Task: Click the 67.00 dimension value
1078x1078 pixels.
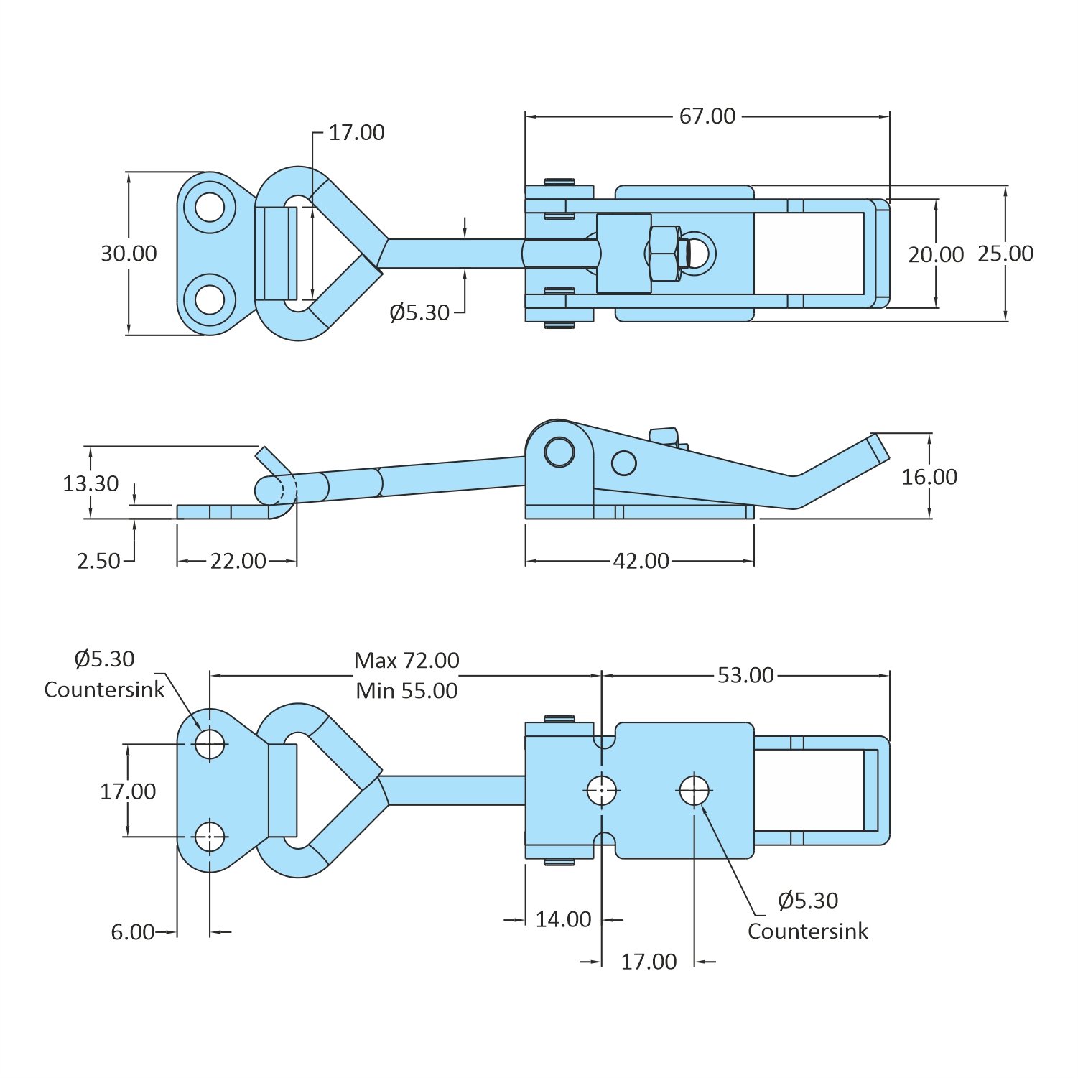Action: pyautogui.click(x=707, y=116)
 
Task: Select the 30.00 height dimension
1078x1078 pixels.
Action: pyautogui.click(x=129, y=254)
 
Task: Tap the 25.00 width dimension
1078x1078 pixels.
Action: pyautogui.click(x=1005, y=254)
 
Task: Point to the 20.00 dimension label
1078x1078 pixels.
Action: pyautogui.click(x=936, y=255)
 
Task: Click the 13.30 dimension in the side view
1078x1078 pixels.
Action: pyautogui.click(x=90, y=483)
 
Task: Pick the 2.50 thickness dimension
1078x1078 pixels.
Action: pyautogui.click(x=98, y=561)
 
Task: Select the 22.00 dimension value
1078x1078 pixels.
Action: pyautogui.click(x=238, y=561)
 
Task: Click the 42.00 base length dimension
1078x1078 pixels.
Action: pyautogui.click(x=641, y=561)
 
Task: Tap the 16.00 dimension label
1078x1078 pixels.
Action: pyautogui.click(x=929, y=477)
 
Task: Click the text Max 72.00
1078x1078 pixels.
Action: pyautogui.click(x=406, y=660)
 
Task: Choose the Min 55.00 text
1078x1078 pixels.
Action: pyautogui.click(x=406, y=691)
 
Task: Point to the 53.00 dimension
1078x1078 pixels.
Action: pyautogui.click(x=745, y=675)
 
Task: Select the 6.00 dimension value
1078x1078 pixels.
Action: pyautogui.click(x=132, y=932)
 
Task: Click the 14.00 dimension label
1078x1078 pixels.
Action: pyautogui.click(x=563, y=919)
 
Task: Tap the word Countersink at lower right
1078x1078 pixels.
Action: pyautogui.click(x=807, y=931)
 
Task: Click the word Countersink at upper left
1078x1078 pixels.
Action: pyautogui.click(x=104, y=689)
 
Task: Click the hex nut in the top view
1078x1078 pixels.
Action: pyautogui.click(x=664, y=253)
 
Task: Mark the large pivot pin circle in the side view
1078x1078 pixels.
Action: pyautogui.click(x=559, y=452)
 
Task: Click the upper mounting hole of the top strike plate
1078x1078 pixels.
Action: pyautogui.click(x=210, y=208)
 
